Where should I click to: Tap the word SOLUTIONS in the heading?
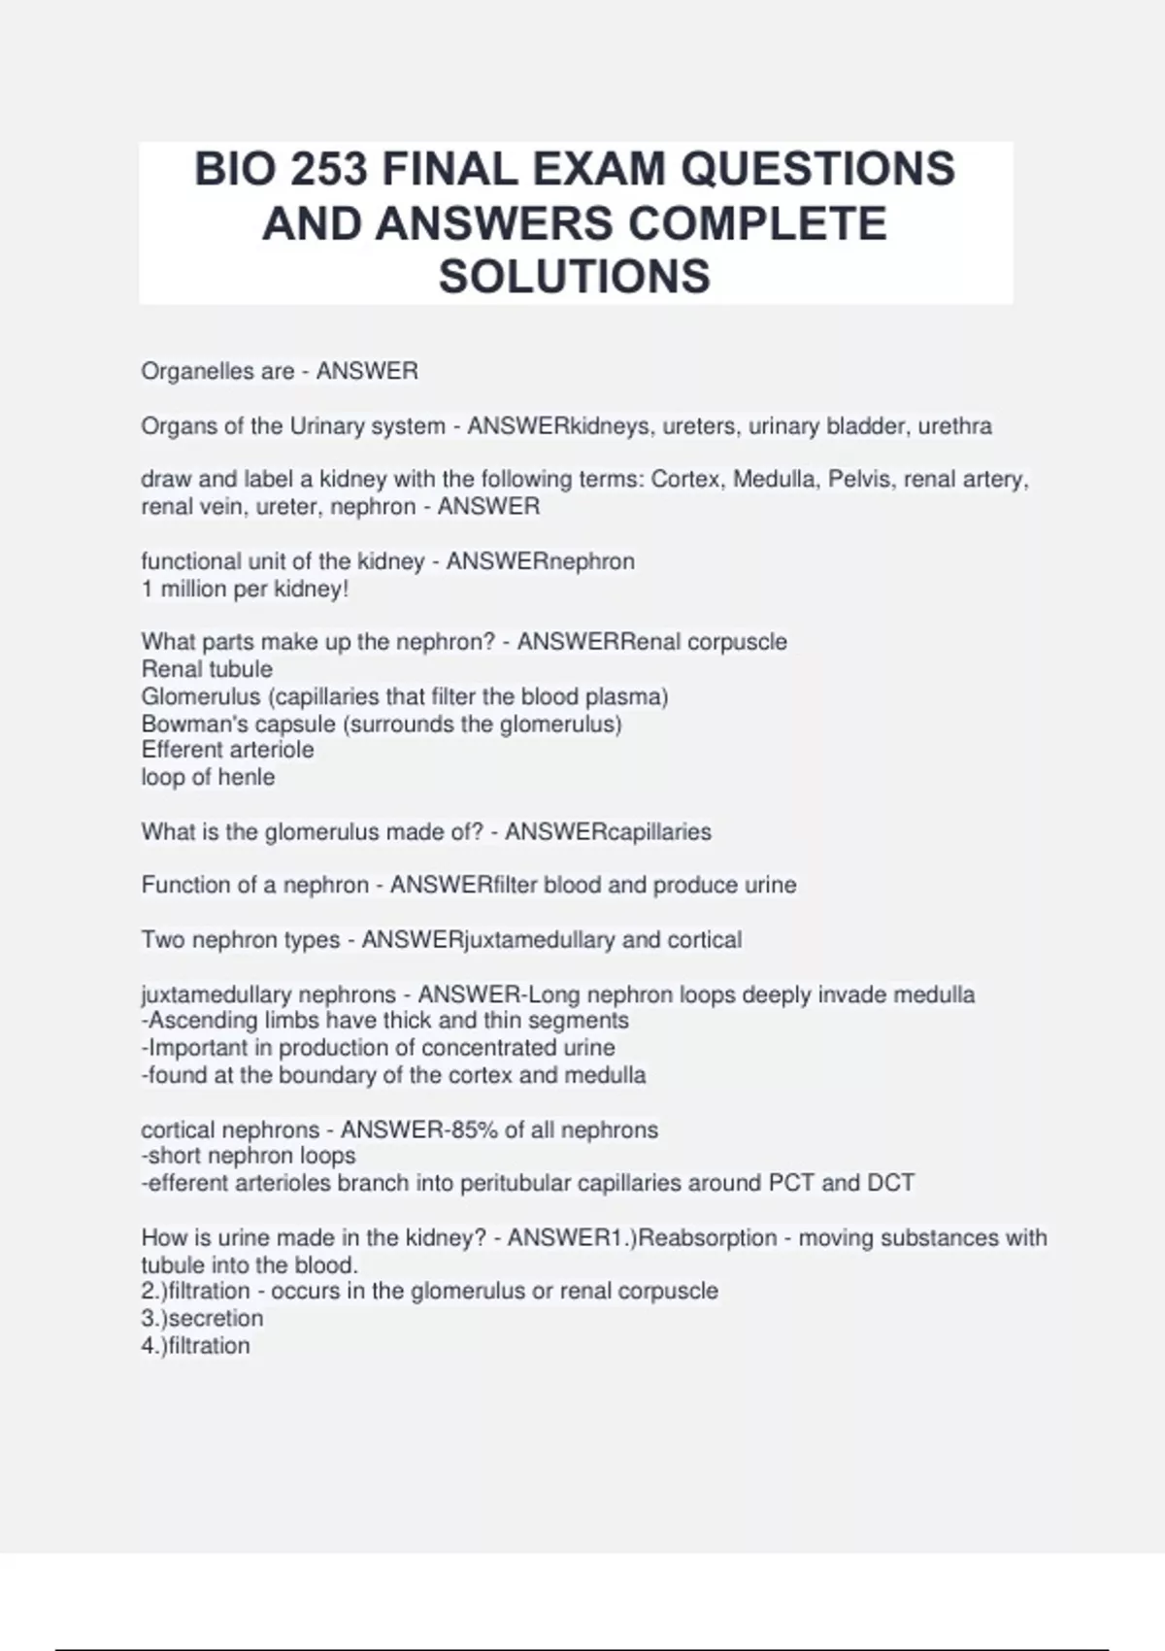575,277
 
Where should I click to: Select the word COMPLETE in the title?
758,223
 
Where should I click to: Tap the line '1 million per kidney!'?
245,590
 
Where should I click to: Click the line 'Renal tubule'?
207,669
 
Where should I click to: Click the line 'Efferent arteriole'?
227,750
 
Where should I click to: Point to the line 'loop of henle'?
208,777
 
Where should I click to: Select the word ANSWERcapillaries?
608,832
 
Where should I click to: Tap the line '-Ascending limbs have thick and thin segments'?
384,1021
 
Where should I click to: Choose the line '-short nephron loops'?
249,1156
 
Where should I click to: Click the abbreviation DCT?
891,1183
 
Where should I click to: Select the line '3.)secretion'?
202,1318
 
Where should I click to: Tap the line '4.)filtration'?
195,1346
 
